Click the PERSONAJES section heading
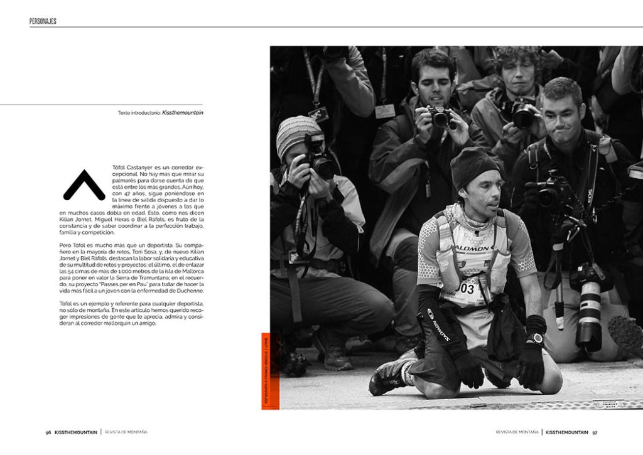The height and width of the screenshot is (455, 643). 43,21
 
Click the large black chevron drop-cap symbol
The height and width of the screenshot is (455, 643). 84,185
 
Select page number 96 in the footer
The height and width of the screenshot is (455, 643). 48,432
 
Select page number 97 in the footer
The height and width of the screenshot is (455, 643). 594,432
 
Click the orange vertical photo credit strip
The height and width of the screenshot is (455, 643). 266,370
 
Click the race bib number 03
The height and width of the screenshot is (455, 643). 467,289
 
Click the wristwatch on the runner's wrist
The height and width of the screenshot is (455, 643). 534,338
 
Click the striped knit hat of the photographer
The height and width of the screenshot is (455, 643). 296,134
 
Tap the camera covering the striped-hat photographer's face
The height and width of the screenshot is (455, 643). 320,160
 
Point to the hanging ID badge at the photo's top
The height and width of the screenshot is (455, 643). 318,114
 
